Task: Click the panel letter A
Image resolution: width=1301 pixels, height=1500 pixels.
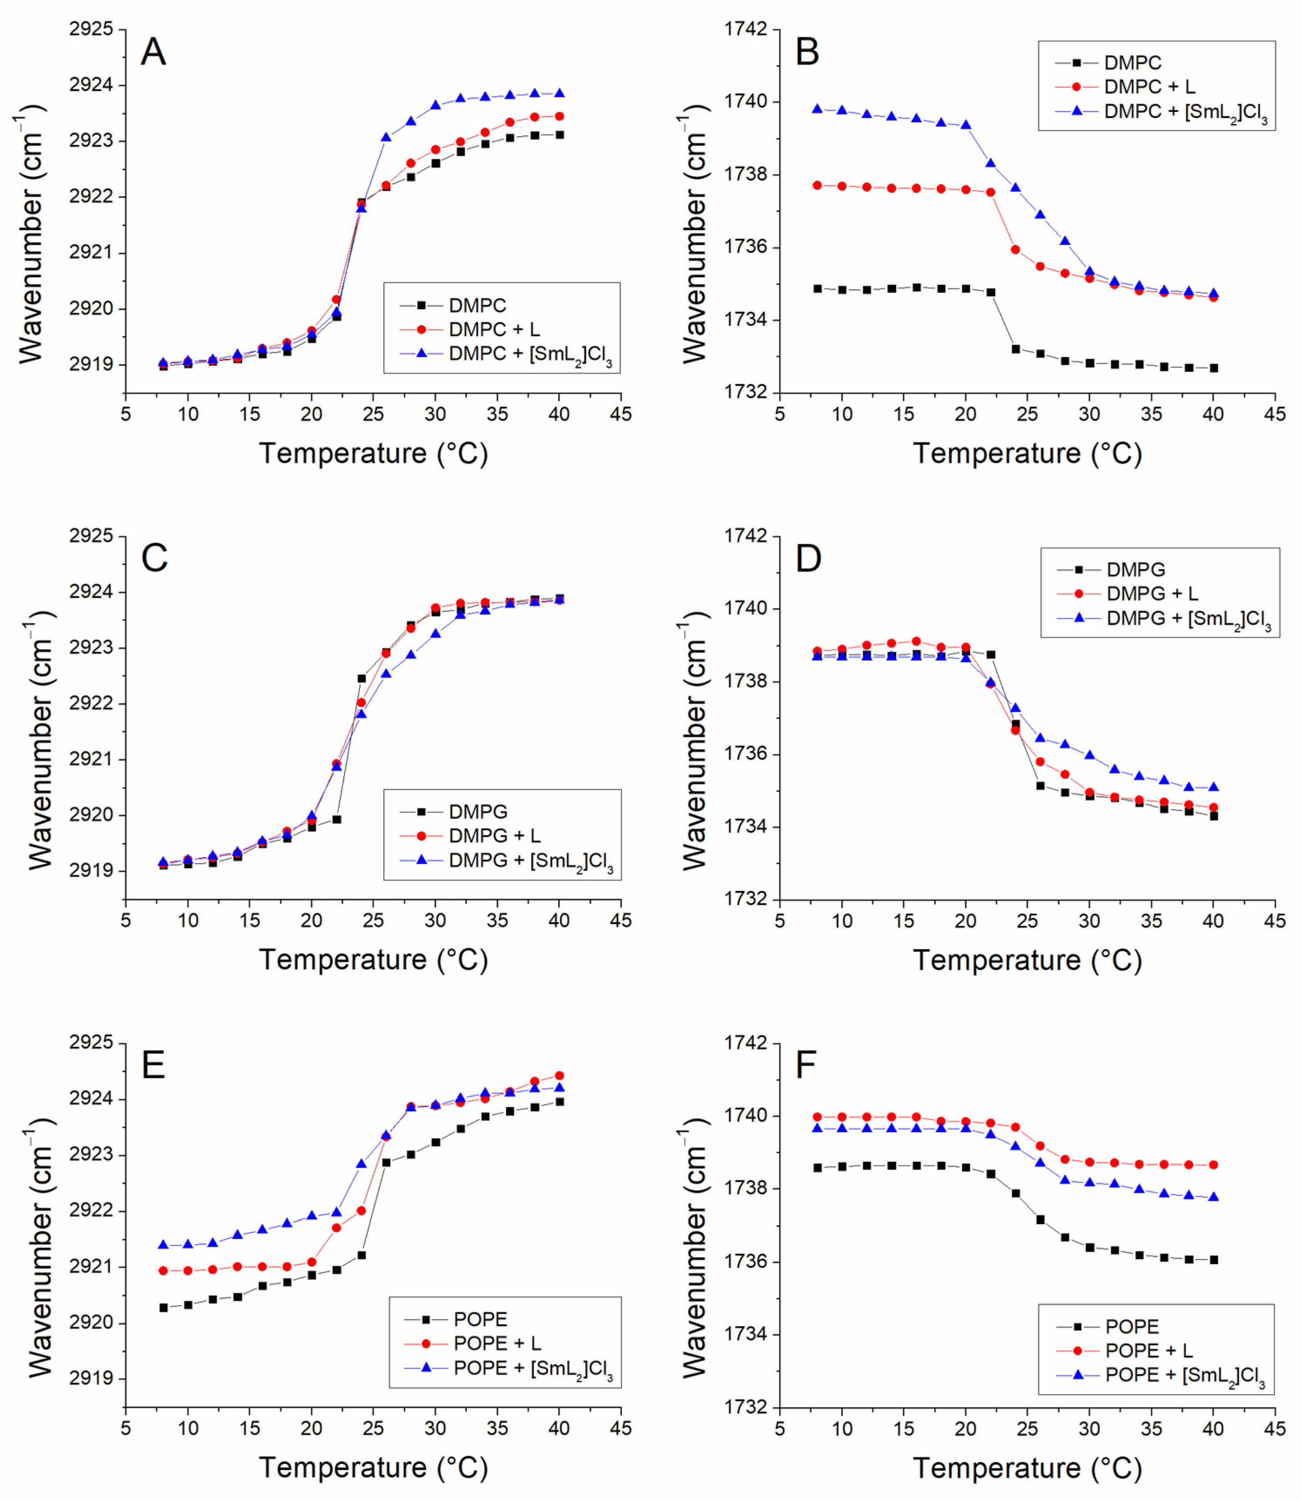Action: [x=153, y=52]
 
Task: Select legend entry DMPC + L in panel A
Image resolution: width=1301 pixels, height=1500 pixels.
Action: [x=494, y=329]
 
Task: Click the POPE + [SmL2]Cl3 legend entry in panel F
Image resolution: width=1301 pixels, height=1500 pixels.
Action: [x=1184, y=1374]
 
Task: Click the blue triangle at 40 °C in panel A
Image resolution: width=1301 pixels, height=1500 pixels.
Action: [x=559, y=93]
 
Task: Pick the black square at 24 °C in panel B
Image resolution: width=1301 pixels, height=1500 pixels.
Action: [x=1015, y=348]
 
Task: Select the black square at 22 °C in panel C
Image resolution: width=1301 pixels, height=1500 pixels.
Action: [x=336, y=819]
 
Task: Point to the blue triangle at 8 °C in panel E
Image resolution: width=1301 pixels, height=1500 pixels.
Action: [x=163, y=1245]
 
